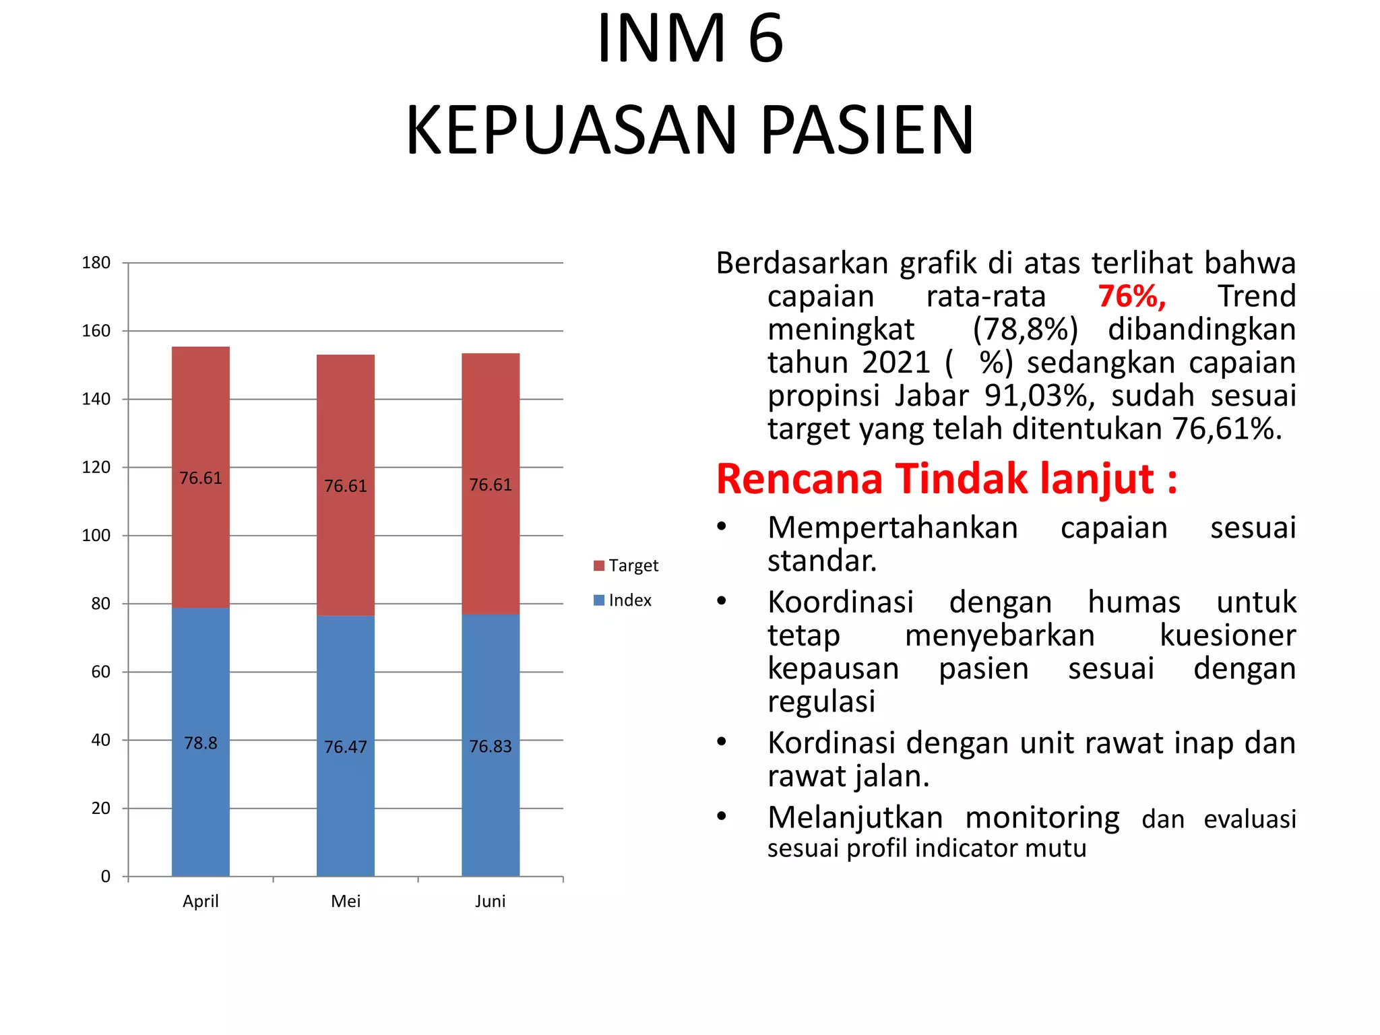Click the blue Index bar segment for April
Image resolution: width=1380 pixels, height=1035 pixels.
point(200,674)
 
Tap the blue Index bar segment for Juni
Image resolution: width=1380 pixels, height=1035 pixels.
point(490,674)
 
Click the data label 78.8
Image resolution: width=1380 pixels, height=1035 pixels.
point(200,743)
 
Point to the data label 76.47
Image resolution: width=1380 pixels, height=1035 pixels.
point(345,747)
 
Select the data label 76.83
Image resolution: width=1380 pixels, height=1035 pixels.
point(490,747)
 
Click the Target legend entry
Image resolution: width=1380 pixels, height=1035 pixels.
point(626,565)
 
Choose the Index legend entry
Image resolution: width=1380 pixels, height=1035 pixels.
point(623,600)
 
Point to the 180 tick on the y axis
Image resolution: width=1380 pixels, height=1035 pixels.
point(96,263)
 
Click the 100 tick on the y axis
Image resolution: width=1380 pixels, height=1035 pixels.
point(96,536)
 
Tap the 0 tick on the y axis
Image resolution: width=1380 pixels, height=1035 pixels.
point(105,877)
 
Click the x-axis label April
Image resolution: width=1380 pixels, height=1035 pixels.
point(200,902)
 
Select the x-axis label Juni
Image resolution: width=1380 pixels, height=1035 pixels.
point(490,902)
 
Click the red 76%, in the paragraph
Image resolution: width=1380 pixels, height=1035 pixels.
point(1131,296)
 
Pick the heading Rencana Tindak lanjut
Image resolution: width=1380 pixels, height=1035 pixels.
point(946,479)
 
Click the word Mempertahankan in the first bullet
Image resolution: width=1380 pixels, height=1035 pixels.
point(892,528)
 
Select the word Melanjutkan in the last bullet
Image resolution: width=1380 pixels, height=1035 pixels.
point(855,817)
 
